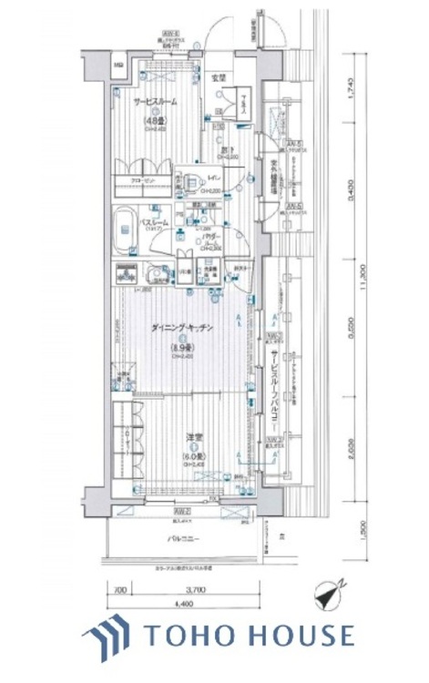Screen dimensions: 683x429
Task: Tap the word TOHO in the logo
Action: [189, 635]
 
